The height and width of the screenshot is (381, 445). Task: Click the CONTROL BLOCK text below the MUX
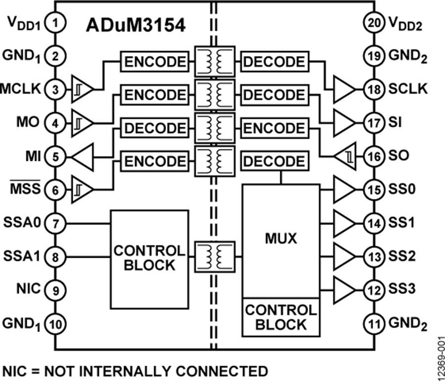280,317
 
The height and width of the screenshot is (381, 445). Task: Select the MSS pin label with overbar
29,189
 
